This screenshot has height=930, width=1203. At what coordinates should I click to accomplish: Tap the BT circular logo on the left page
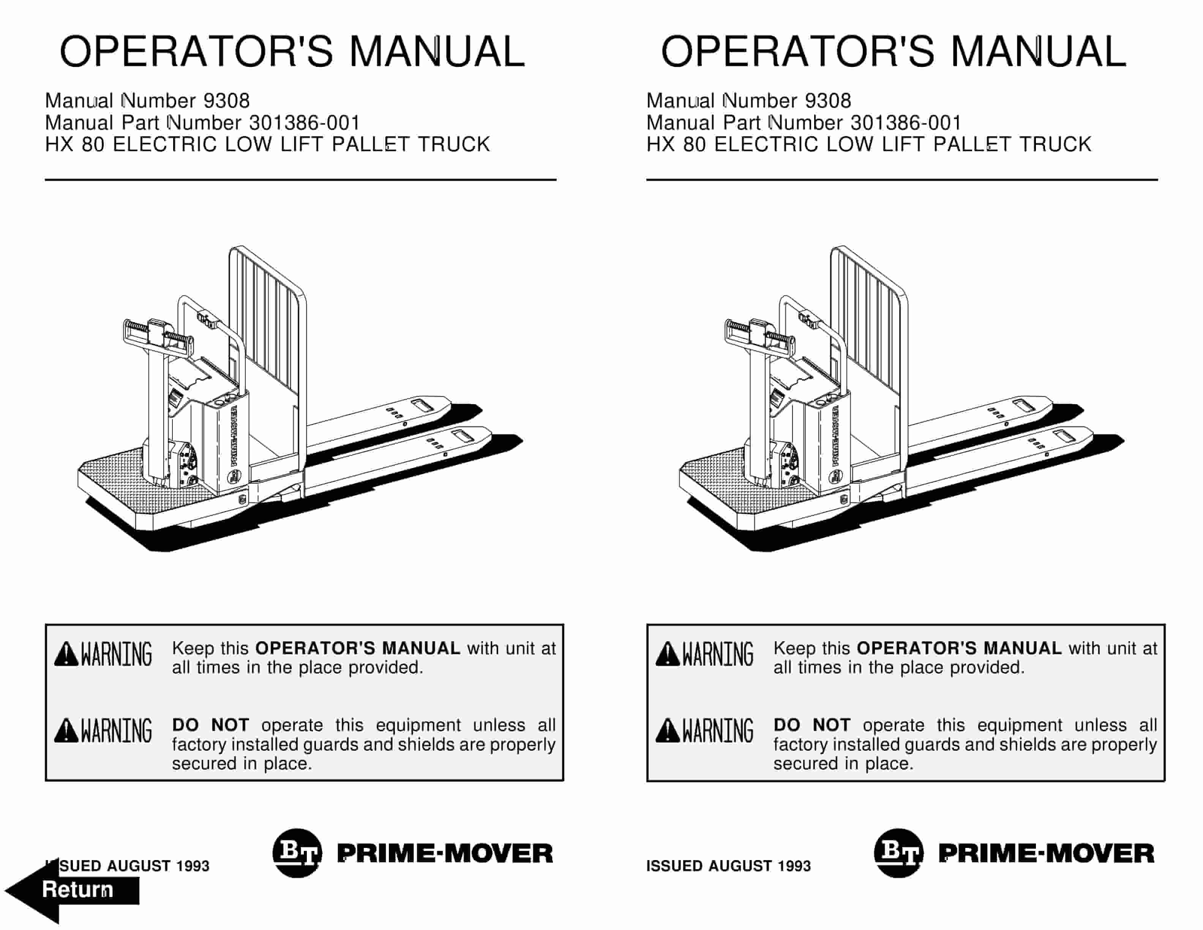coord(297,853)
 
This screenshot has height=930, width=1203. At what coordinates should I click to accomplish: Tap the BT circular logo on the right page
coord(899,853)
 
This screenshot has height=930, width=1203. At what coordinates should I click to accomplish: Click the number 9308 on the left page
coord(226,101)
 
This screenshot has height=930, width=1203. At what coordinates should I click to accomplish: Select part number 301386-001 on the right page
coord(906,122)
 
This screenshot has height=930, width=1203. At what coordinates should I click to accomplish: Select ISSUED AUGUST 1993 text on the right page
coord(728,866)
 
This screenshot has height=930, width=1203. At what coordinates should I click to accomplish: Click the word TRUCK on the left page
coord(454,144)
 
